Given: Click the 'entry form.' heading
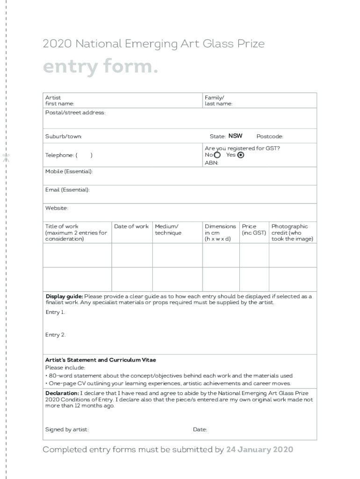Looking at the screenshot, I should click(x=100, y=68).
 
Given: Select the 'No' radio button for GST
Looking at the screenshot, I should click(x=217, y=155).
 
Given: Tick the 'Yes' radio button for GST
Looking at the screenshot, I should click(x=241, y=155).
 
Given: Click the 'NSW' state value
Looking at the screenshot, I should click(x=235, y=136).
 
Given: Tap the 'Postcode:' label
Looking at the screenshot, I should click(x=270, y=137).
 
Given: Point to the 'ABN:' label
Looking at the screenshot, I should click(x=211, y=163).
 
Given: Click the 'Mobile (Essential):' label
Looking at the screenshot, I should click(x=69, y=172).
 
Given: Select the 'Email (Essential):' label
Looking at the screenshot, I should click(x=67, y=190).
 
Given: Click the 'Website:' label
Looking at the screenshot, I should click(x=57, y=208).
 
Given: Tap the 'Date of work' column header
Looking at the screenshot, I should click(x=131, y=226).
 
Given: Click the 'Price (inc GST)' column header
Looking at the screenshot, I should click(x=254, y=230).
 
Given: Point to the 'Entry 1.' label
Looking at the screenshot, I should click(x=55, y=312).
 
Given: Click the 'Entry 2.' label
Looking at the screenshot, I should click(x=55, y=335).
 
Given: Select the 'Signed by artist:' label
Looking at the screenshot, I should click(x=67, y=430).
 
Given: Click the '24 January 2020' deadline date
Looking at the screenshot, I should click(x=259, y=450).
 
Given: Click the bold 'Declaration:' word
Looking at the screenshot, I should click(x=62, y=393).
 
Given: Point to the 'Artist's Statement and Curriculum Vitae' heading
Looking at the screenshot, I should click(x=101, y=360).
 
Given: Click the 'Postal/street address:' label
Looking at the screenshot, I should click(x=75, y=113).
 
